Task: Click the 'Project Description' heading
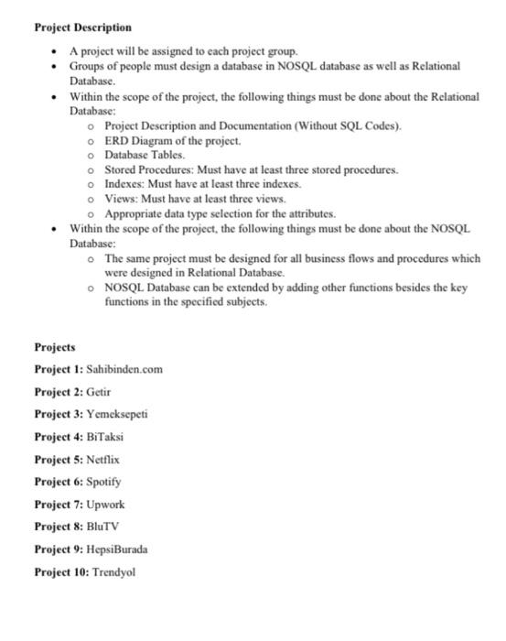pyautogui.click(x=82, y=27)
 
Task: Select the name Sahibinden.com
pyautogui.click(x=124, y=369)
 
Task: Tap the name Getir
pyautogui.click(x=98, y=391)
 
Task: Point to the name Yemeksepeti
pyautogui.click(x=116, y=414)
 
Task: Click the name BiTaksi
pyautogui.click(x=104, y=436)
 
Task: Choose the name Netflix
pyautogui.click(x=103, y=458)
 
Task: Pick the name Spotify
pyautogui.click(x=103, y=481)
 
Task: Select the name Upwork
pyautogui.click(x=105, y=504)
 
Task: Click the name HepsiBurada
pyautogui.click(x=117, y=549)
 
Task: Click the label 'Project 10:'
pyautogui.click(x=61, y=571)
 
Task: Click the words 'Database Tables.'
pyautogui.click(x=145, y=155)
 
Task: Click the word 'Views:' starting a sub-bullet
pyautogui.click(x=120, y=198)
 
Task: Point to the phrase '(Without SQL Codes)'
pyautogui.click(x=347, y=125)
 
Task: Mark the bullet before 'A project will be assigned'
pyautogui.click(x=57, y=50)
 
